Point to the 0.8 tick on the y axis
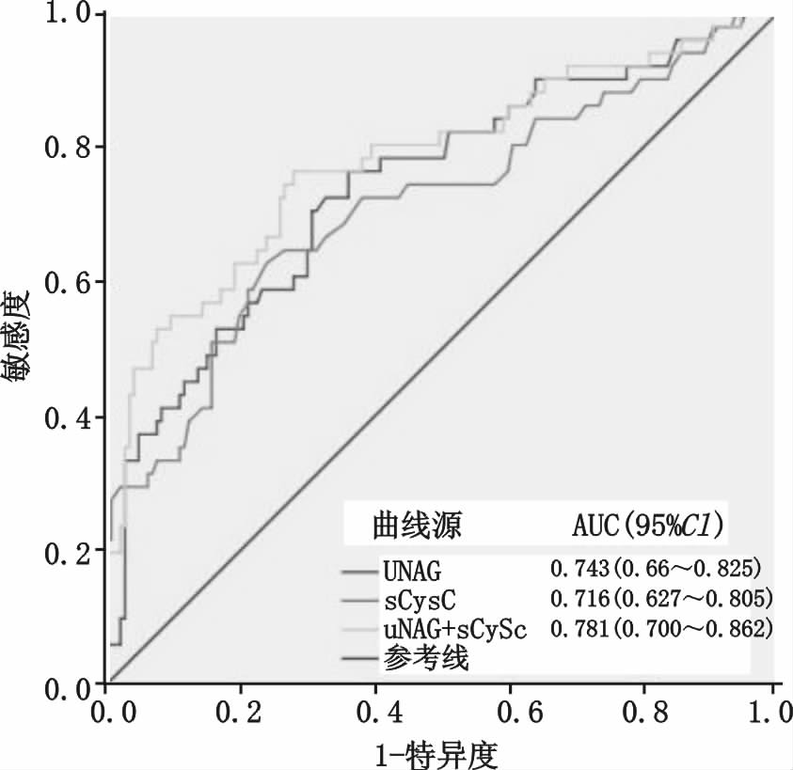click(x=66, y=147)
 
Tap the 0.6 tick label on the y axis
click(x=66, y=282)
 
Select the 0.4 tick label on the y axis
click(x=66, y=416)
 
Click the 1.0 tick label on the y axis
click(x=66, y=14)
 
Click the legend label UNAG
click(x=413, y=570)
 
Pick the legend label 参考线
click(x=426, y=659)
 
